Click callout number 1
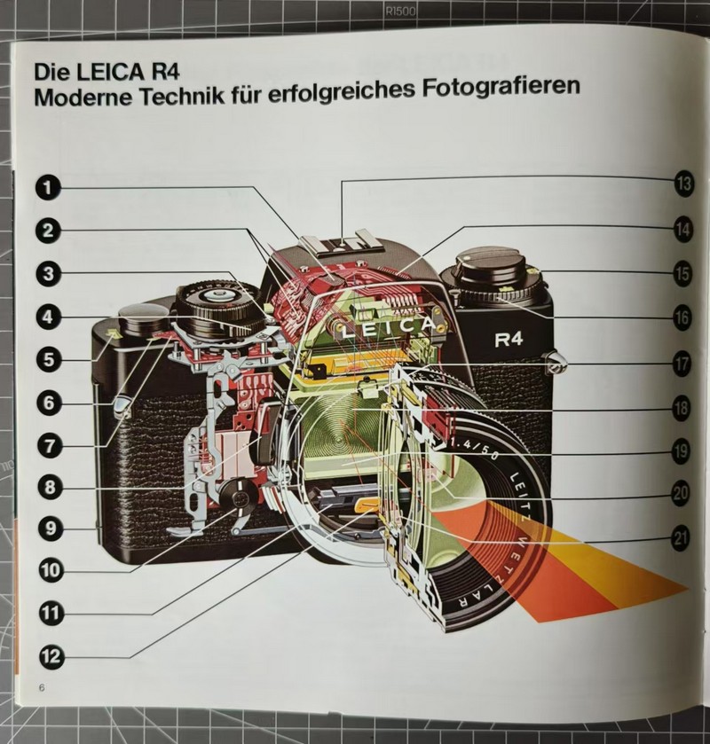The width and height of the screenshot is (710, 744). pos(48,187)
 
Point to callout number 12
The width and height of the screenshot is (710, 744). pos(51,656)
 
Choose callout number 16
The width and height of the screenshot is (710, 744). pos(682,317)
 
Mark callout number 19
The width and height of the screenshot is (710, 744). pos(681,450)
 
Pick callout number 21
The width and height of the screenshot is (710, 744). pos(680,538)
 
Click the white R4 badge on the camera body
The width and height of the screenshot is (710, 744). pos(509,340)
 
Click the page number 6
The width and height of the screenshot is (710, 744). pos(42,687)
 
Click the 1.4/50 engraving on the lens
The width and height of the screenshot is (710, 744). pos(474,450)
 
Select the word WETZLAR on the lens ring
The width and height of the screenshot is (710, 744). pos(504,578)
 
